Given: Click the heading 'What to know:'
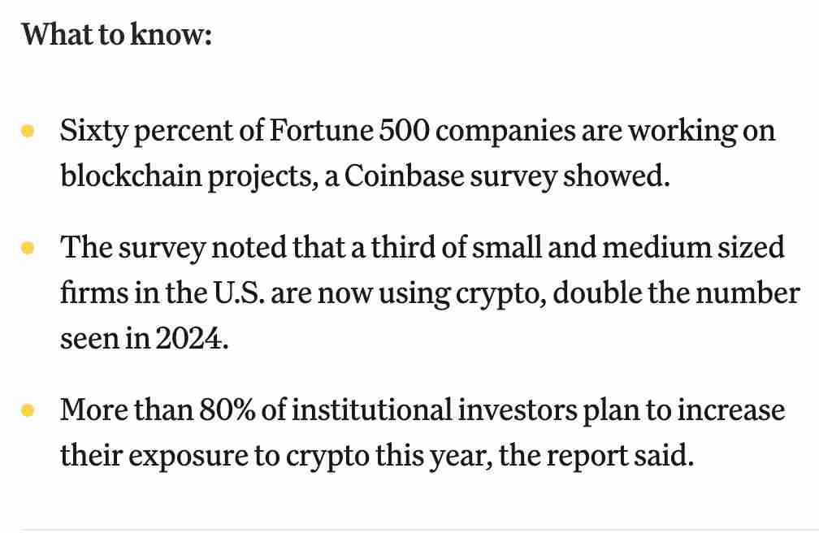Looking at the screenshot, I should [116, 36].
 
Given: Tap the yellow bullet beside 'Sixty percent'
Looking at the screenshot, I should [28, 130].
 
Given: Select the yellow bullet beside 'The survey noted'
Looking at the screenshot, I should [28, 247].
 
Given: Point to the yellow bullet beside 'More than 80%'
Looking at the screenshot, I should [28, 410].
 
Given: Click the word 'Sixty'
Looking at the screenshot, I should [91, 131].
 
